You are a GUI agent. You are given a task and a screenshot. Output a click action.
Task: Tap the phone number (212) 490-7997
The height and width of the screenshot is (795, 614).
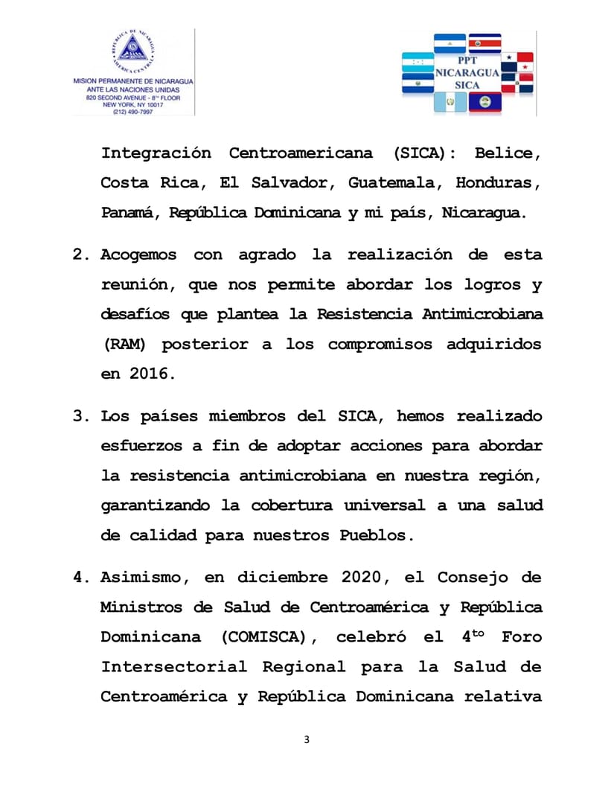pyautogui.click(x=134, y=112)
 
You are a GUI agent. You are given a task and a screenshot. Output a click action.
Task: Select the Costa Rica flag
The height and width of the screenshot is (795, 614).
pyautogui.click(x=483, y=43)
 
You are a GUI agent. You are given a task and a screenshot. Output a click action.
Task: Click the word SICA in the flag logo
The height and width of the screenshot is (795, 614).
pyautogui.click(x=467, y=86)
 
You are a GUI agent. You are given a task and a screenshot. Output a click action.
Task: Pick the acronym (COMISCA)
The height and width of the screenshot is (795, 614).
pyautogui.click(x=269, y=637)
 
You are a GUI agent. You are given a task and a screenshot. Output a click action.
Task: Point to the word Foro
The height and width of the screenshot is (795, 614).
pyautogui.click(x=522, y=637)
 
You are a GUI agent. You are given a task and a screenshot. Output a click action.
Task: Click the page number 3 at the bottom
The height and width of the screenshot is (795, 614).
pyautogui.click(x=307, y=739)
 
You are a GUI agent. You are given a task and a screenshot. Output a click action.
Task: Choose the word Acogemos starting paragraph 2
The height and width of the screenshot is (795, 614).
pyautogui.click(x=139, y=255)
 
